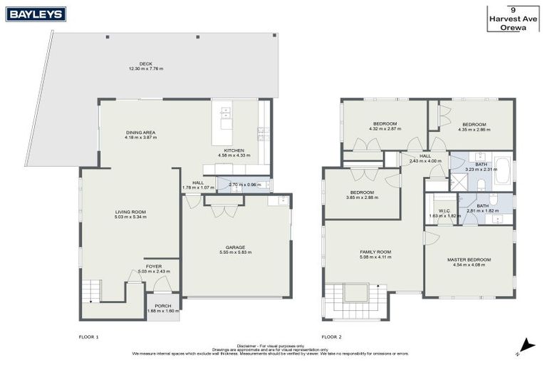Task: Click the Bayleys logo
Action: pyautogui.click(x=36, y=14)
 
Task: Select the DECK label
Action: pyautogui.click(x=145, y=64)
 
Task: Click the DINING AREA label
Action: pyautogui.click(x=140, y=133)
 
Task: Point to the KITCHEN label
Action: pyautogui.click(x=234, y=150)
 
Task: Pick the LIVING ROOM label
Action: pyautogui.click(x=130, y=212)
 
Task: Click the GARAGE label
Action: pyautogui.click(x=236, y=247)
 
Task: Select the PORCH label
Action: pyautogui.click(x=163, y=306)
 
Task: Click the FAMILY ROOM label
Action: pyautogui.click(x=374, y=252)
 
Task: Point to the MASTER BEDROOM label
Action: pyautogui.click(x=469, y=259)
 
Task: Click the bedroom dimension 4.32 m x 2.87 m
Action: pyautogui.click(x=385, y=129)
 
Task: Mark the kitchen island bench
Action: pyautogui.click(x=226, y=117)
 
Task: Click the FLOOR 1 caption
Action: pyautogui.click(x=88, y=336)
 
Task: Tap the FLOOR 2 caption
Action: pyautogui.click(x=332, y=336)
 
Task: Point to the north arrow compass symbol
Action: pyautogui.click(x=525, y=346)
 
